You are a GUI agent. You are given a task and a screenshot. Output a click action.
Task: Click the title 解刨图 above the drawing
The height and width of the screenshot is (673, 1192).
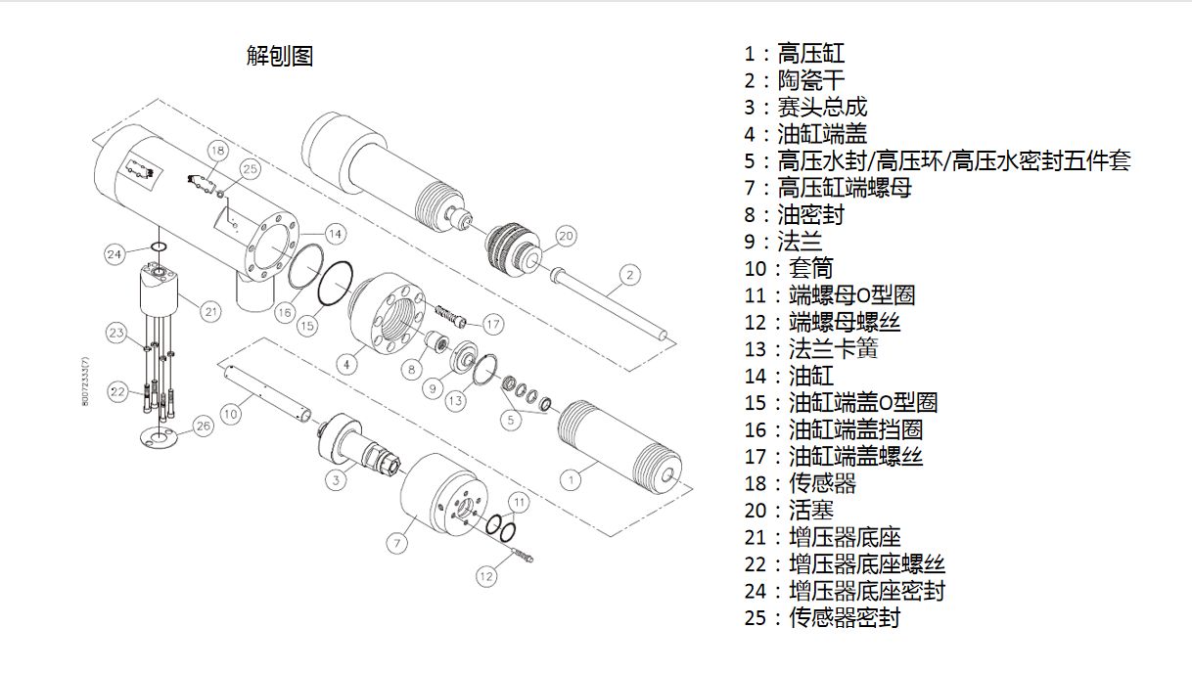(279, 56)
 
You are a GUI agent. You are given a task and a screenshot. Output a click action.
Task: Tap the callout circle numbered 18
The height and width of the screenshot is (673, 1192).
(217, 151)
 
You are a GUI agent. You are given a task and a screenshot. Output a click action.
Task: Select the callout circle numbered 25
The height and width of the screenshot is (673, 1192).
(251, 169)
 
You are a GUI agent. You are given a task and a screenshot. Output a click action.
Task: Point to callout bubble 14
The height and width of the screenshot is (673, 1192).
(336, 234)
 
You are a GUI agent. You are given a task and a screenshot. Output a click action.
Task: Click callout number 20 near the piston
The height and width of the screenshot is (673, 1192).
(566, 236)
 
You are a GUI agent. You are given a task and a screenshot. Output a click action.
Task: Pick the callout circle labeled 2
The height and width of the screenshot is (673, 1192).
(630, 275)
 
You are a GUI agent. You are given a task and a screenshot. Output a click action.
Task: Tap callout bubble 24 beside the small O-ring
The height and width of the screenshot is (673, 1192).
(115, 254)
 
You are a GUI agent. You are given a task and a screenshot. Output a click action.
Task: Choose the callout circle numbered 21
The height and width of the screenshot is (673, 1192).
(211, 311)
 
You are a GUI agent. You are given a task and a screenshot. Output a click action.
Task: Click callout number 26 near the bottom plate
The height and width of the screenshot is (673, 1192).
(204, 426)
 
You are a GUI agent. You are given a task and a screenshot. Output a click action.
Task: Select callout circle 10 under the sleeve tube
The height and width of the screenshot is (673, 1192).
(231, 414)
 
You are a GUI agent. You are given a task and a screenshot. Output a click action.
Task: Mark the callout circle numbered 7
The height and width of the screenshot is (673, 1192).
(397, 543)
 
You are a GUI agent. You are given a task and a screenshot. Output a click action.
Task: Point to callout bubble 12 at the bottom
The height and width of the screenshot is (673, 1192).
(486, 576)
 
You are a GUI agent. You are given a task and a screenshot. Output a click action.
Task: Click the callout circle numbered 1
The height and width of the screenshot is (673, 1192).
(571, 480)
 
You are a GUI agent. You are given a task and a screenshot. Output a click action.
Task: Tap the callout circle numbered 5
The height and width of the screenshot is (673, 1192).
(511, 420)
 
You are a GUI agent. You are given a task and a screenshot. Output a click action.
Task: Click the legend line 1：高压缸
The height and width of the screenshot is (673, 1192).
(794, 54)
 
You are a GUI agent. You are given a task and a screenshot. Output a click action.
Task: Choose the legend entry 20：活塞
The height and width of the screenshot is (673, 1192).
(789, 511)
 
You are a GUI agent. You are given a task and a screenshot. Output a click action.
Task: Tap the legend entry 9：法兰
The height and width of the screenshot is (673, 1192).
(783, 242)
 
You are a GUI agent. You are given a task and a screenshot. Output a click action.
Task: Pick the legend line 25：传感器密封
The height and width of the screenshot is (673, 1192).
(822, 617)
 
